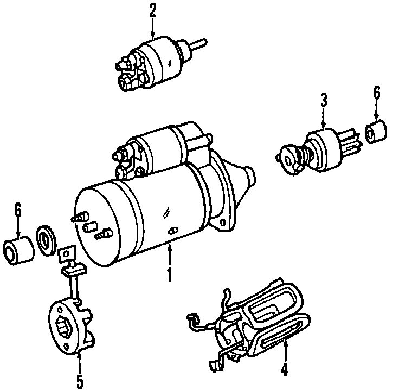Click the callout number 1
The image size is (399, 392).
(x=170, y=273)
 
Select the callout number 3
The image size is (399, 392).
(x=324, y=100)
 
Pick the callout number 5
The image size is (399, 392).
(x=80, y=381)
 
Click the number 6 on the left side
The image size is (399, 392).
(x=18, y=209)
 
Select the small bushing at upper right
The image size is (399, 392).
(x=376, y=133)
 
